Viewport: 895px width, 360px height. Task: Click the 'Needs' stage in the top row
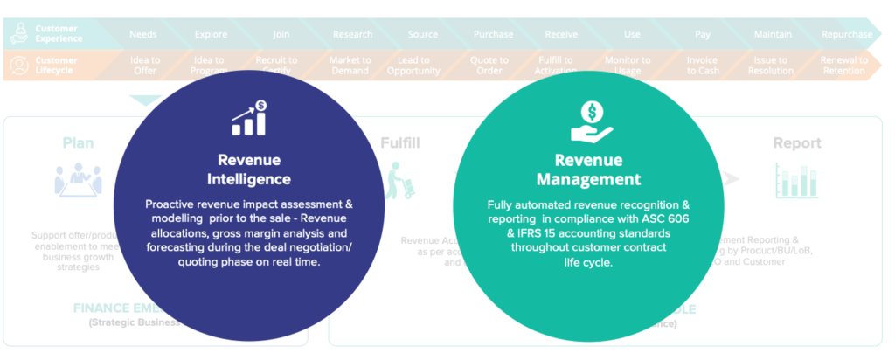pos(143,34)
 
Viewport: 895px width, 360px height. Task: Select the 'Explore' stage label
pos(211,34)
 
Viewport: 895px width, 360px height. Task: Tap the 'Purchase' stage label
pos(493,34)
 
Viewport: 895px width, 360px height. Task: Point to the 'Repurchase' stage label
pos(846,34)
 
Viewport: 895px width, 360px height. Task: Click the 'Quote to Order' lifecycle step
pos(489,66)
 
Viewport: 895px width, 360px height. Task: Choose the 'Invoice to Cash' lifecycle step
pos(703,66)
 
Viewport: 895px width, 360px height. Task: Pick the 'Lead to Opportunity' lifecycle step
pos(413,66)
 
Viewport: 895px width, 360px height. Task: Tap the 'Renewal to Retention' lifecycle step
pos(845,66)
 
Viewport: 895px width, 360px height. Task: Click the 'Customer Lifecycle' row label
pos(57,66)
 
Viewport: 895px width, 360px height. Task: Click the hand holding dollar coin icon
pos(592,121)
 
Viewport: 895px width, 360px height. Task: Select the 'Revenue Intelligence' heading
pos(249,170)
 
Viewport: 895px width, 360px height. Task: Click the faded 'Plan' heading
pos(78,142)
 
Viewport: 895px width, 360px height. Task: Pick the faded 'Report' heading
pos(796,142)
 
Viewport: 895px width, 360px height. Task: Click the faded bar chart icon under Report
pos(795,180)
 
